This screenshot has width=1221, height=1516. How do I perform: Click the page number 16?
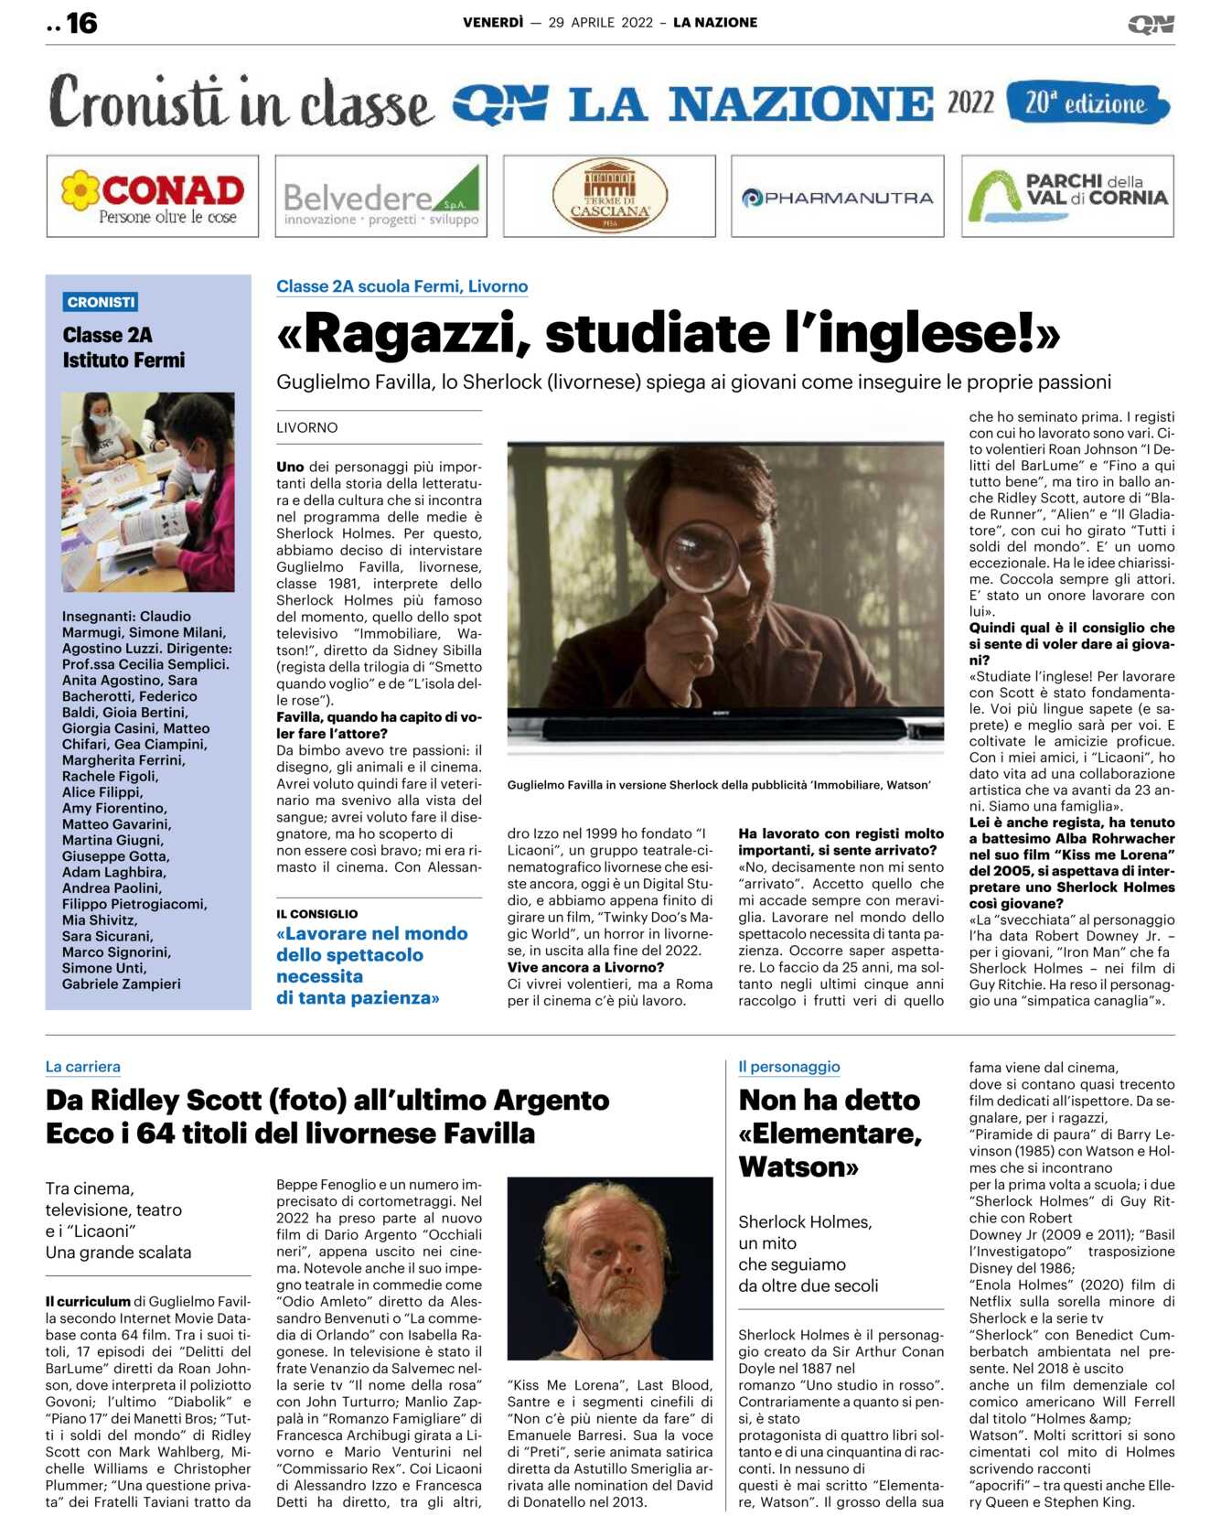[x=80, y=23]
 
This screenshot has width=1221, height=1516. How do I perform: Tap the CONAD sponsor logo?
[x=152, y=196]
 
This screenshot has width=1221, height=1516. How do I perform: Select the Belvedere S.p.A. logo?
[x=380, y=197]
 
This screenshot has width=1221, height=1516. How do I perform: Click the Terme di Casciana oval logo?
[x=609, y=196]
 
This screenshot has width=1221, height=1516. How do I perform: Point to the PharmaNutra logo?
[x=837, y=197]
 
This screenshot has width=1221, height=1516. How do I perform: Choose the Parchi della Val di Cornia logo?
[x=1067, y=196]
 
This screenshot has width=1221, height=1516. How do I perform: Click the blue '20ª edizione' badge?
[x=1087, y=102]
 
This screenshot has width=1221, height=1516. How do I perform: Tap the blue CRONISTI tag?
[x=102, y=302]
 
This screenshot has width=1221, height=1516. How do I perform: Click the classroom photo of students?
[x=148, y=491]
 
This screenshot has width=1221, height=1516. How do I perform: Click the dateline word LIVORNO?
[x=307, y=427]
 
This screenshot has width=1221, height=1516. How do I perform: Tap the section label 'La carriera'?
[x=83, y=1066]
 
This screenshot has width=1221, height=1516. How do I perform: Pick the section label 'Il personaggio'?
[x=788, y=1066]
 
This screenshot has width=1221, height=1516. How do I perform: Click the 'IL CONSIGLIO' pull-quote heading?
[x=317, y=913]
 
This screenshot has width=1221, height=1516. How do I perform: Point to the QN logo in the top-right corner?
[x=1151, y=24]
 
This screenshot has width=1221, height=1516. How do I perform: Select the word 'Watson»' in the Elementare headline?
[x=798, y=1167]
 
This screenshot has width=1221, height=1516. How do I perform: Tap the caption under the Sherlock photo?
[x=719, y=785]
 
